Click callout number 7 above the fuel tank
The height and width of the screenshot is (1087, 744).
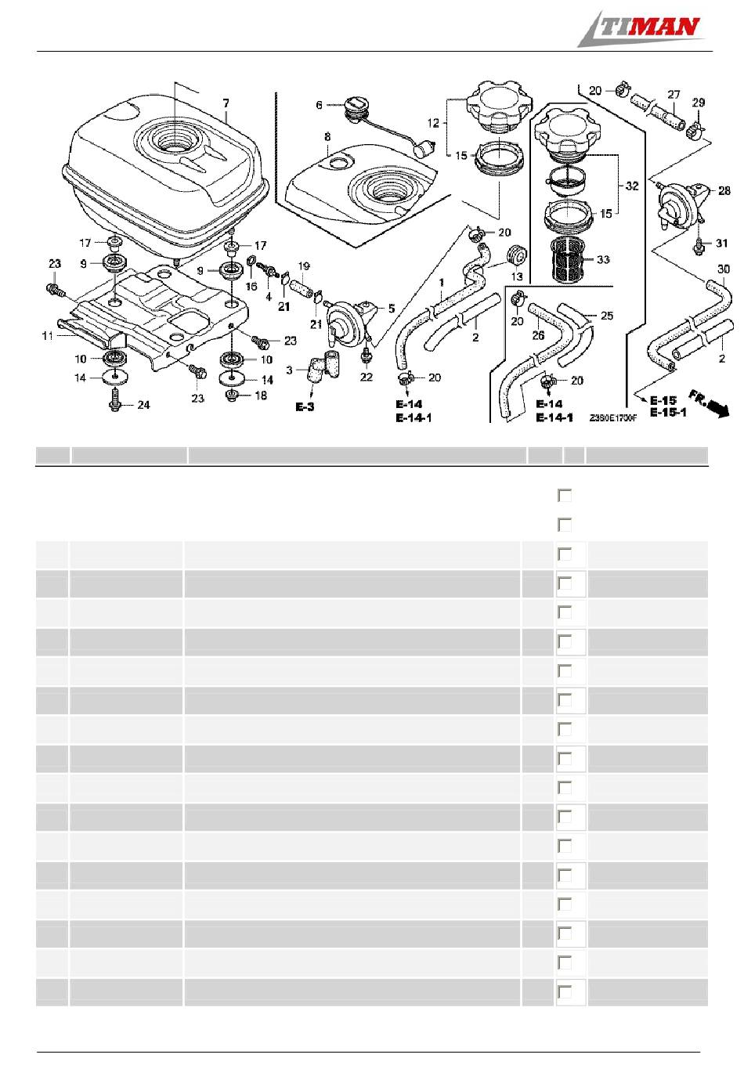pos(226,103)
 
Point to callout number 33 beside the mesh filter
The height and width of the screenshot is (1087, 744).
pos(602,260)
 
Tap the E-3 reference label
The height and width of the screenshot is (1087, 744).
pos(305,406)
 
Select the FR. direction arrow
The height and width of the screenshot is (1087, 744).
pos(710,403)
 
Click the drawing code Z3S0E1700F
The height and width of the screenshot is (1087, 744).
pos(612,418)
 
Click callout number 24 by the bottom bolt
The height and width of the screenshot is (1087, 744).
pos(143,405)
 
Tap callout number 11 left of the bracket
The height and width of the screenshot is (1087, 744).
pos(47,335)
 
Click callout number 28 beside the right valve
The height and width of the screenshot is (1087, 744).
pos(724,191)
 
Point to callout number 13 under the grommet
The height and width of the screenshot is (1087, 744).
pos(517,276)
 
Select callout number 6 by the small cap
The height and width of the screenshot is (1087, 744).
pos(319,105)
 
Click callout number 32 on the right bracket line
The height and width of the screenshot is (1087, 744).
pos(632,186)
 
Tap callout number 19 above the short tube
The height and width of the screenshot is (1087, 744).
pos(304,266)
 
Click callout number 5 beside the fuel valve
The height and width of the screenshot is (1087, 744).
pos(391,309)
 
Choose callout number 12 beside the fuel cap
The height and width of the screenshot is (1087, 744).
pos(433,123)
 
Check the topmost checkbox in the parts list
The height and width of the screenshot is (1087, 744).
pos(565,496)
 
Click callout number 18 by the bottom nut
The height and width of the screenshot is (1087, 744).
pos(261,395)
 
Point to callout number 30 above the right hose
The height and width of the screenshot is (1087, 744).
pos(723,269)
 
